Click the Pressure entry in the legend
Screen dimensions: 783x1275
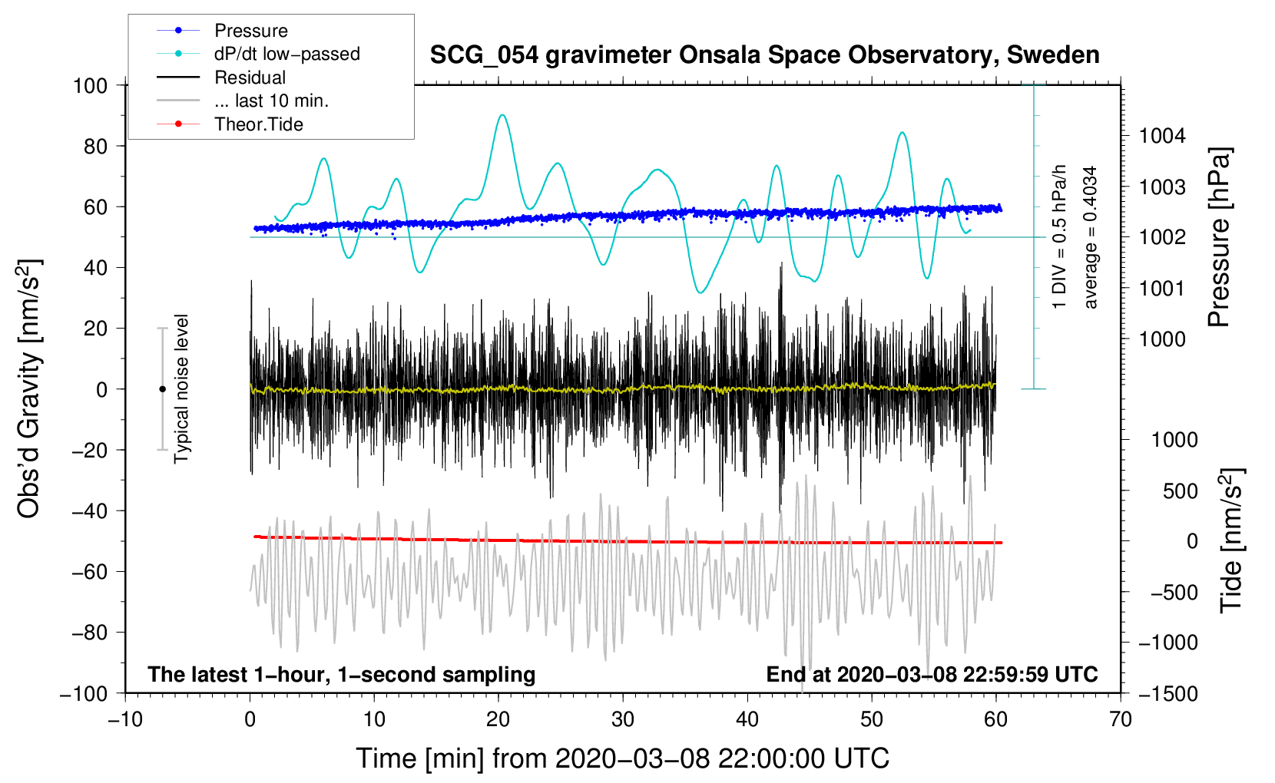(x=250, y=31)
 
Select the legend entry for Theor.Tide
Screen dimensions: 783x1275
(x=258, y=124)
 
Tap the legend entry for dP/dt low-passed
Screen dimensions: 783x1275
(x=286, y=54)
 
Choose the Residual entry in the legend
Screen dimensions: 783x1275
(x=250, y=78)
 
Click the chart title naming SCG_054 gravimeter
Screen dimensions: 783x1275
(x=764, y=55)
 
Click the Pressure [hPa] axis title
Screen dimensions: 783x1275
(x=1220, y=238)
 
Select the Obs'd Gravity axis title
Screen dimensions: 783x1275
(x=29, y=389)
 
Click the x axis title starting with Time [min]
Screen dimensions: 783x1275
(x=623, y=758)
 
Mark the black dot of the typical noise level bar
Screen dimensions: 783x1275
(x=162, y=389)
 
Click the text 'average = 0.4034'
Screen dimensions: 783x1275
(x=1091, y=237)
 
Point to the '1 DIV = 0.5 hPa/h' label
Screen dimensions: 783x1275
(x=1060, y=237)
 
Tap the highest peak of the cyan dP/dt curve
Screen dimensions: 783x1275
(x=502, y=115)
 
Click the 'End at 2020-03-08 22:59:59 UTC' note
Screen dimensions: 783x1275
(x=932, y=675)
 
